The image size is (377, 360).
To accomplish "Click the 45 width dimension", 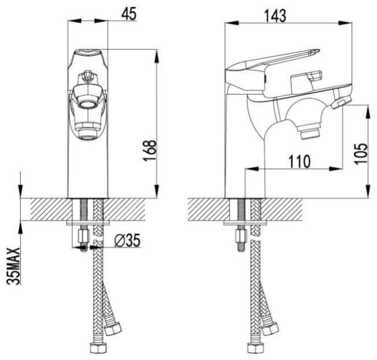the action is tap(129, 13).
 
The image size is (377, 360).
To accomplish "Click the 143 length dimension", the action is tap(275, 16).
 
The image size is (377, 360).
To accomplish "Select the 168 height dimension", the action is tap(150, 150).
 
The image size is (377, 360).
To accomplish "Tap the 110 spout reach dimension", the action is tap(299, 161).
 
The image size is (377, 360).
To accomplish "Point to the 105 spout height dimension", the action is tap(361, 154).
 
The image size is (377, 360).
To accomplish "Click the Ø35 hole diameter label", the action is tap(127, 240).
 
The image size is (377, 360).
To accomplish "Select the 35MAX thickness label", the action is tap(13, 266).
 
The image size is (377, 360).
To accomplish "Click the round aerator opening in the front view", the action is tap(88, 104).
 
